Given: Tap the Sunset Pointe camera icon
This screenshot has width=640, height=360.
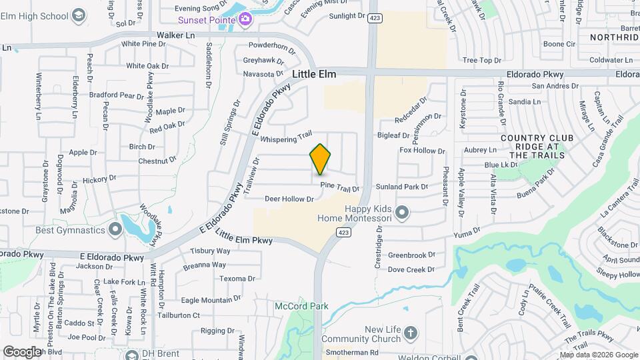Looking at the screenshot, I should coord(245,19).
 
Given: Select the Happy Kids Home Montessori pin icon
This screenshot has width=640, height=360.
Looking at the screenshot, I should coord(401,213).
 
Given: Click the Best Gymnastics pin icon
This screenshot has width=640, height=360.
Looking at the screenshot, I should coord(115,230).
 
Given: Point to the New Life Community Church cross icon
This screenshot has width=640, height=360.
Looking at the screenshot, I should coord(411,331).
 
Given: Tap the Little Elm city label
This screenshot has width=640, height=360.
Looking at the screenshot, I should coord(314,75).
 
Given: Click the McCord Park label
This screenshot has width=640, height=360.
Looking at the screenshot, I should coord(302,306).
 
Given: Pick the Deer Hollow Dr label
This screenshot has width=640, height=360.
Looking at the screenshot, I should coord(289,199).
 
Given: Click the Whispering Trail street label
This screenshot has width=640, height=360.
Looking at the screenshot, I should coord(286,138).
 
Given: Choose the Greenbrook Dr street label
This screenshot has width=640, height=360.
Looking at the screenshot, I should coord(411,255).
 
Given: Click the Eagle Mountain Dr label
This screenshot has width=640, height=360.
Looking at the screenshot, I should coord(211,301).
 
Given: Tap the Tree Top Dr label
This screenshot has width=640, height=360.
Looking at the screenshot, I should coord(481,61).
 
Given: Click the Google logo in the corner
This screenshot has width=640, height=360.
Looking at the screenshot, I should coord(21,351).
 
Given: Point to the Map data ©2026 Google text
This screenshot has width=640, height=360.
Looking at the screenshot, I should coord(597,355).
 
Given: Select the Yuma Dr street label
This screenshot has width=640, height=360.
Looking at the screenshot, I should coord(467,233).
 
